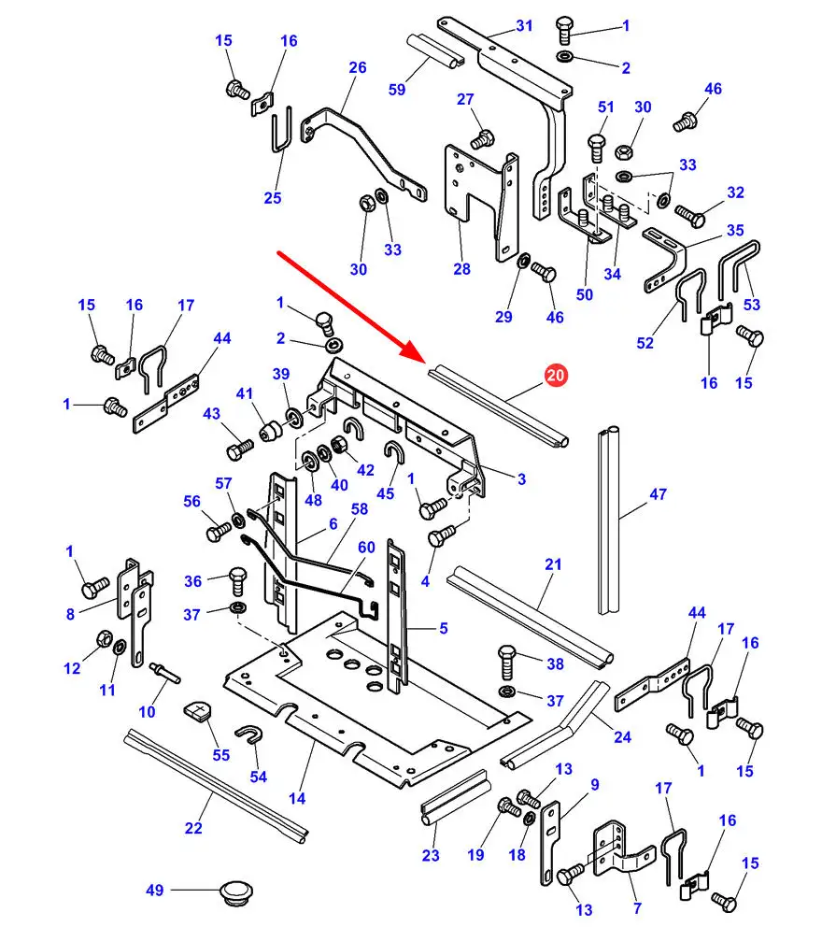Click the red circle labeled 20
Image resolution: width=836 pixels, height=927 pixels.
pyautogui.click(x=555, y=377)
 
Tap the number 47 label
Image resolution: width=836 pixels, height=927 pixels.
pyautogui.click(x=658, y=493)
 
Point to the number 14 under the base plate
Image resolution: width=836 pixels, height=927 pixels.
pyautogui.click(x=297, y=798)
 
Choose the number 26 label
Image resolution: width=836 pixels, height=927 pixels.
pyautogui.click(x=358, y=67)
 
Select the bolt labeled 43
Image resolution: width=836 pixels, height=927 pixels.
pyautogui.click(x=236, y=449)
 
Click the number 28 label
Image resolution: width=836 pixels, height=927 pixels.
pyautogui.click(x=461, y=269)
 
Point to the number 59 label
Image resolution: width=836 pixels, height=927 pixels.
pyautogui.click(x=397, y=90)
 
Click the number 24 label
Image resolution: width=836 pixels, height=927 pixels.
pyautogui.click(x=623, y=736)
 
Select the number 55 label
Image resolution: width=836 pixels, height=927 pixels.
pyautogui.click(x=220, y=754)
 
